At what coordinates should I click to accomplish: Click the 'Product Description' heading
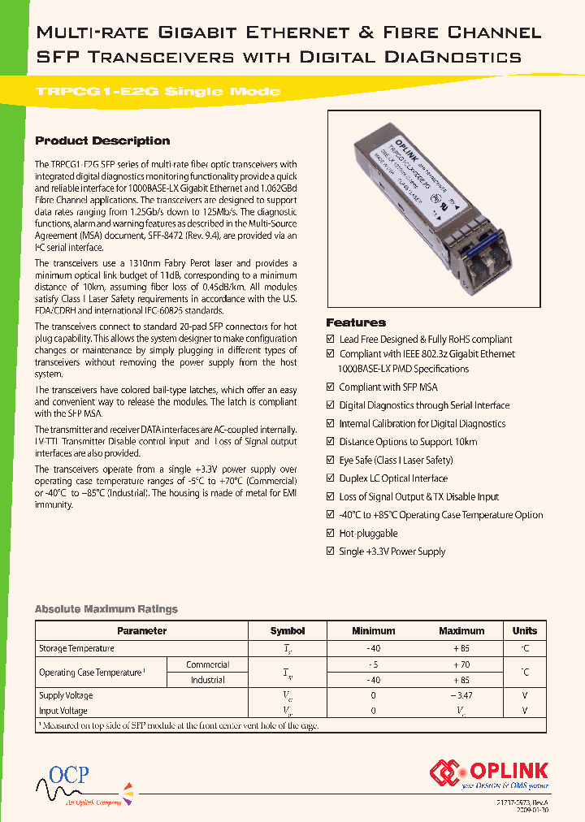pyautogui.click(x=102, y=141)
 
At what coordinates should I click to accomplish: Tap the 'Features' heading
pyautogui.click(x=356, y=322)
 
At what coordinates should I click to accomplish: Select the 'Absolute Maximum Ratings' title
pyautogui.click(x=106, y=609)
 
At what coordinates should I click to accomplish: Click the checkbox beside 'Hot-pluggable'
pyautogui.click(x=331, y=534)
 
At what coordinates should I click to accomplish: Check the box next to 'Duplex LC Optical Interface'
pyautogui.click(x=331, y=478)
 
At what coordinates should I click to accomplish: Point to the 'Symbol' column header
pyautogui.click(x=288, y=631)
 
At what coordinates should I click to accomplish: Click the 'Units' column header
pyautogui.click(x=525, y=631)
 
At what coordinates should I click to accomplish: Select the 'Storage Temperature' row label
pyautogui.click(x=76, y=649)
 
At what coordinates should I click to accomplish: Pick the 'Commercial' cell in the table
pyautogui.click(x=207, y=664)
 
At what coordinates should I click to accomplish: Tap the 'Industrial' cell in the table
pyautogui.click(x=207, y=680)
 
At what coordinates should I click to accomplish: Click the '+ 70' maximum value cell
pyautogui.click(x=461, y=664)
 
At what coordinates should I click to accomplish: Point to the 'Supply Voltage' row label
pyautogui.click(x=66, y=695)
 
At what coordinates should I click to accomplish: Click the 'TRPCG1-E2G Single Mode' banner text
pyautogui.click(x=158, y=92)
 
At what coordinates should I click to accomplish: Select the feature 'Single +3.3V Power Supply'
pyautogui.click(x=392, y=552)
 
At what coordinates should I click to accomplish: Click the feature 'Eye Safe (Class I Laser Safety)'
pyautogui.click(x=396, y=461)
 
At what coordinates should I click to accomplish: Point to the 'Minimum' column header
pyautogui.click(x=373, y=631)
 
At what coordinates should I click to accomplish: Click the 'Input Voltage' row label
pyautogui.click(x=63, y=711)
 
